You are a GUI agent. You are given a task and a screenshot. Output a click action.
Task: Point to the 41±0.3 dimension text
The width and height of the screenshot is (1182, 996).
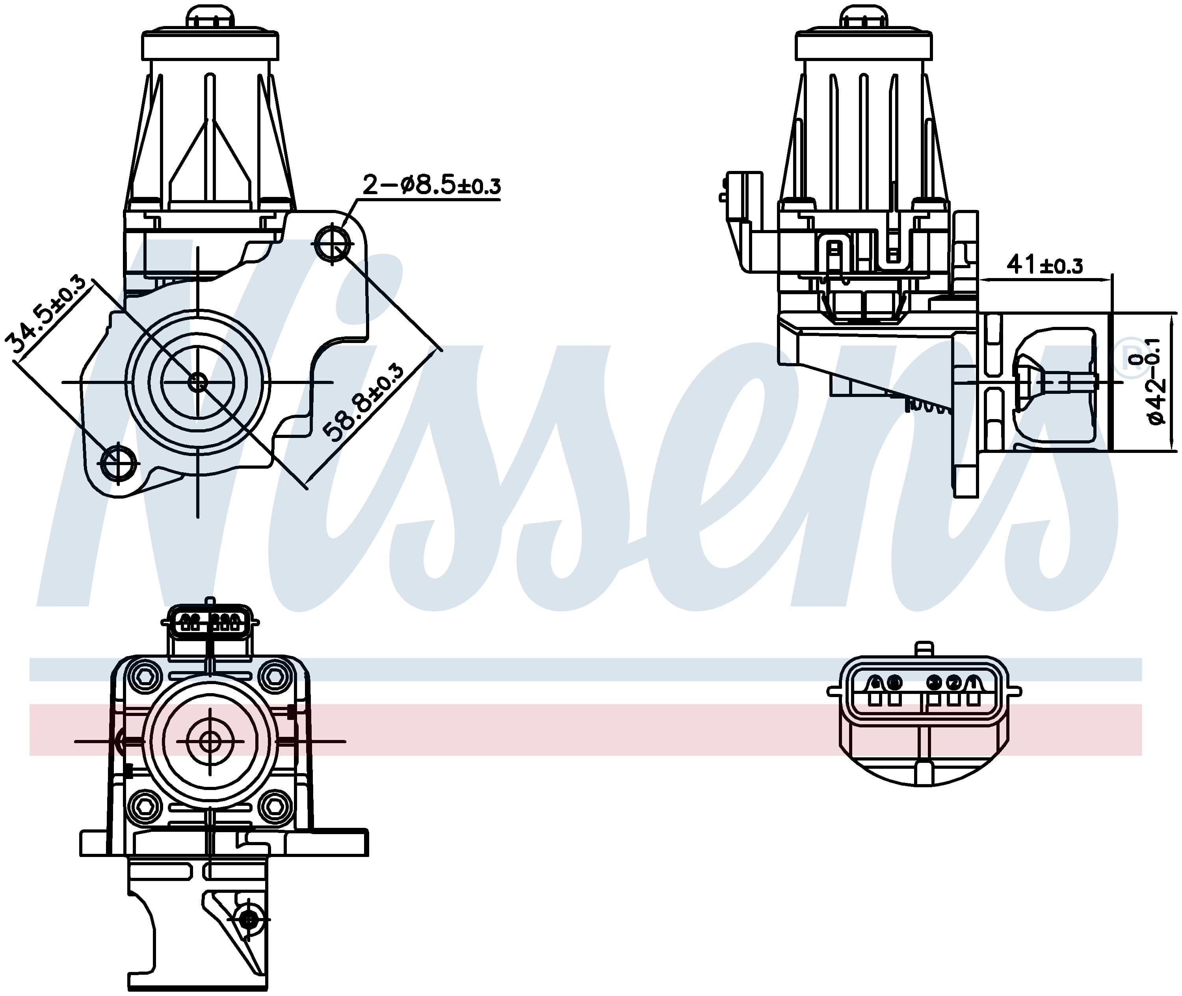pos(1045,264)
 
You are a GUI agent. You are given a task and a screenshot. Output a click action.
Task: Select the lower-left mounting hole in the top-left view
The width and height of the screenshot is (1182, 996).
pos(119,463)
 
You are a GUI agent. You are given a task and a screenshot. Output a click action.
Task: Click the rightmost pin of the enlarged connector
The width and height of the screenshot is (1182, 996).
pos(972,684)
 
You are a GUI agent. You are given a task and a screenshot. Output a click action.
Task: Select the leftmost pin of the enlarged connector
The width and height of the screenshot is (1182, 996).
pos(875,684)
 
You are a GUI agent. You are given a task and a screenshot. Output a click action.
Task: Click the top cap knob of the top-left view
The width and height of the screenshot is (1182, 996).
pos(210,17)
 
